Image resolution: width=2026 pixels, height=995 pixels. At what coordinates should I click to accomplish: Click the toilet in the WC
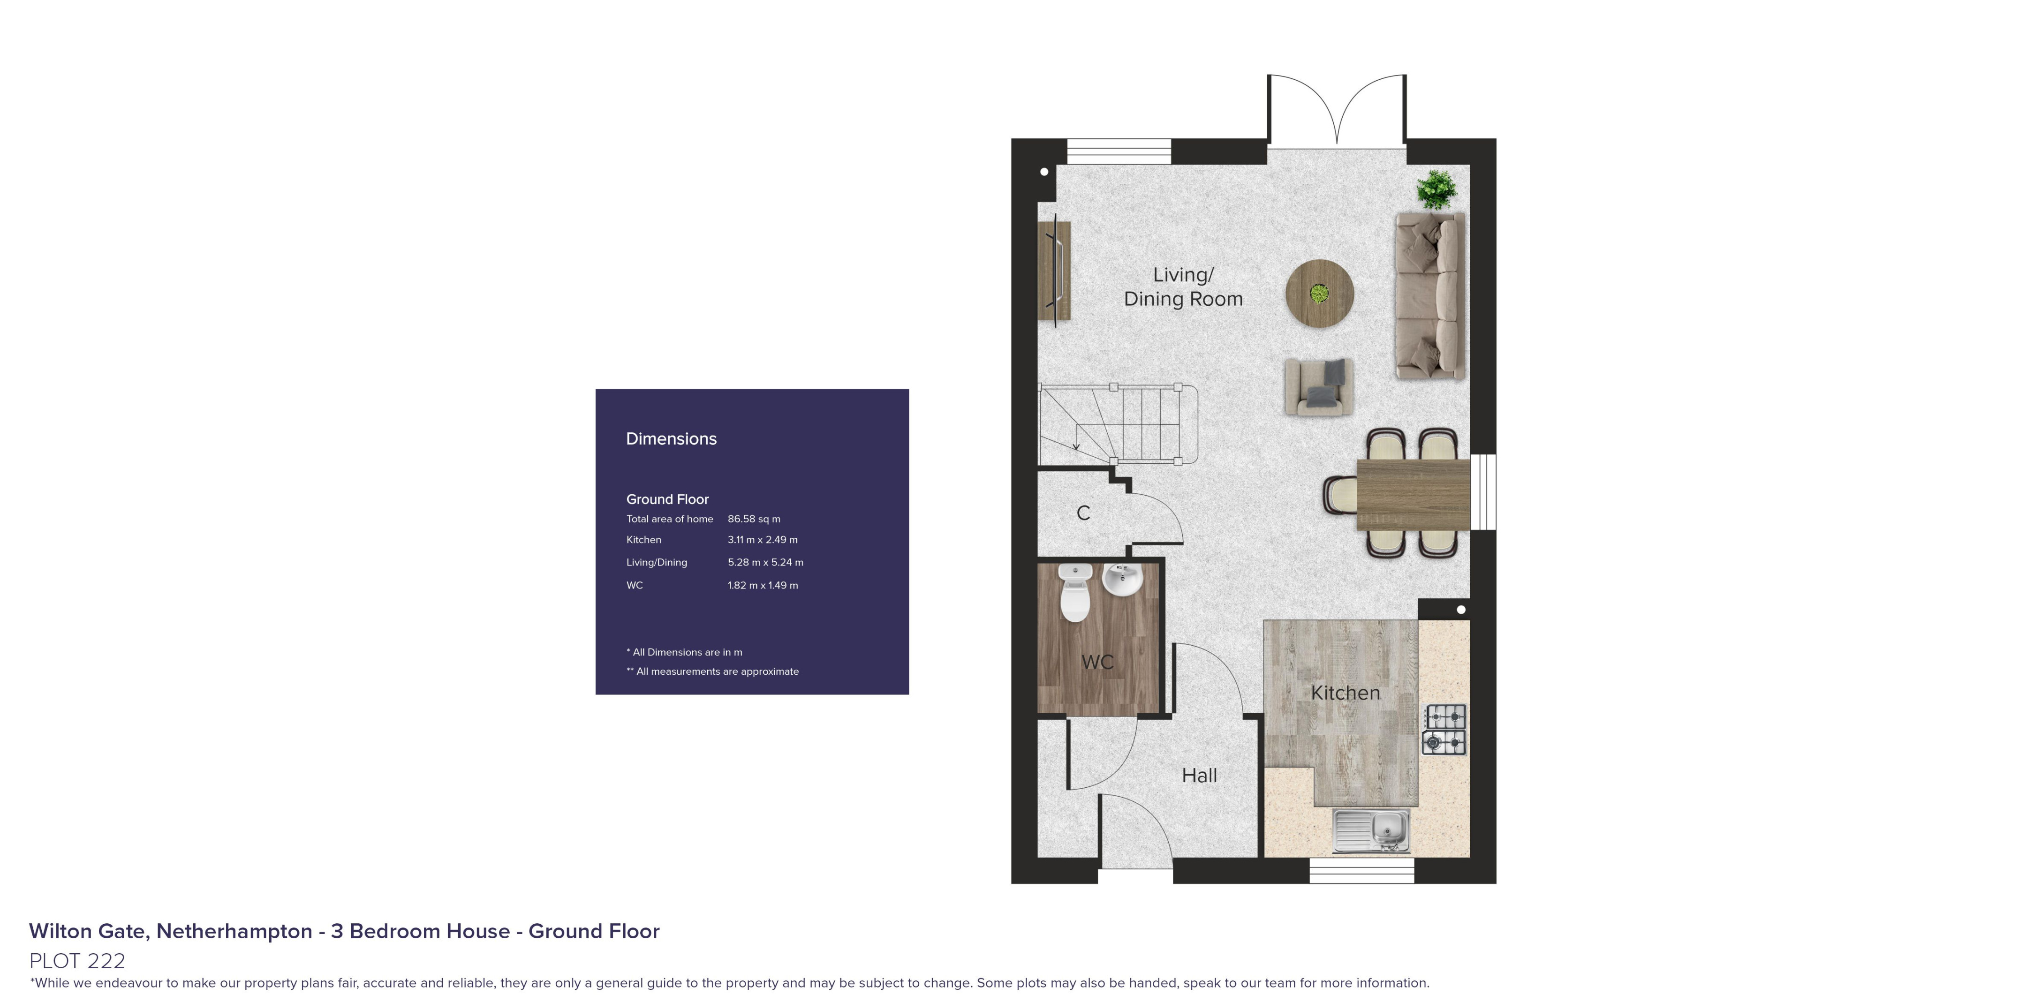pos(1074,592)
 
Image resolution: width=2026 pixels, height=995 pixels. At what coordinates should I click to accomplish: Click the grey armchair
pos(1319,386)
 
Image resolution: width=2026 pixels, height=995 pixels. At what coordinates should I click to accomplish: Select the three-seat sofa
pos(1430,296)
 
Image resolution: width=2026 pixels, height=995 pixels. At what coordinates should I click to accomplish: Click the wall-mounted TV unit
pos(1054,270)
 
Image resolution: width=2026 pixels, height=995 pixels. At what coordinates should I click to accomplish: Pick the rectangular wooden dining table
pos(1414,493)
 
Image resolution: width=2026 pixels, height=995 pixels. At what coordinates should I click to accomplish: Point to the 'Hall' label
pos(1199,776)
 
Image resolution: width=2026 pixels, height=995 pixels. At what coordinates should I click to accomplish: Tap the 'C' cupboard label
pos(1083,513)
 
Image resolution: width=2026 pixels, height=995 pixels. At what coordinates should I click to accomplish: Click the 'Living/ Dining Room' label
pos(1183,287)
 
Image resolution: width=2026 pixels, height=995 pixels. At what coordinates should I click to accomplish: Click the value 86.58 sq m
pos(754,519)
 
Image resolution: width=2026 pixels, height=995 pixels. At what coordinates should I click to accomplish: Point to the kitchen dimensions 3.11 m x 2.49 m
pos(762,540)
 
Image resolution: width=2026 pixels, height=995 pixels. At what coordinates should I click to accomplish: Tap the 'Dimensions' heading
pos(671,439)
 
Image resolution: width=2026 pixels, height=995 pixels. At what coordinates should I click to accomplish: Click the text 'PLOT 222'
pos(77,960)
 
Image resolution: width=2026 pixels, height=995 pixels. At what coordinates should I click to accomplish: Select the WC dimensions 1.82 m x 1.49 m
pos(762,585)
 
